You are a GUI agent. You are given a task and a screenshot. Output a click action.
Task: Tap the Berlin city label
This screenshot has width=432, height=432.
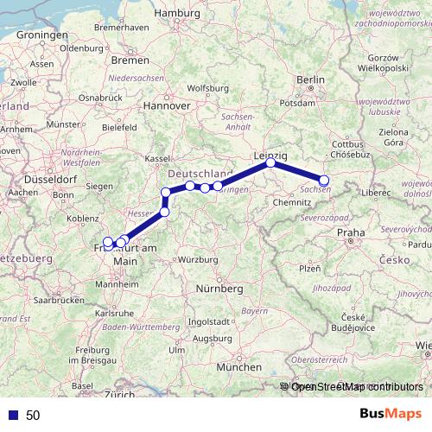point(310,79)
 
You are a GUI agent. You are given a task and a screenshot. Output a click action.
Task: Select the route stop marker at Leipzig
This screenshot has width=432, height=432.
point(270,162)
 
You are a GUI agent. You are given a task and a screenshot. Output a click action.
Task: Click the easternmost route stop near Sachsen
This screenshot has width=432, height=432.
point(324,180)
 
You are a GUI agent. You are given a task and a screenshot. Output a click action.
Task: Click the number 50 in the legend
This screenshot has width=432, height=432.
point(33,415)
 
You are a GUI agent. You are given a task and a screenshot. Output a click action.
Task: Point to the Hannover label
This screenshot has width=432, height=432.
point(167,105)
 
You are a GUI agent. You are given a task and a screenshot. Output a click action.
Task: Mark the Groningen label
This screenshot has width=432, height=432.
point(35,35)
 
